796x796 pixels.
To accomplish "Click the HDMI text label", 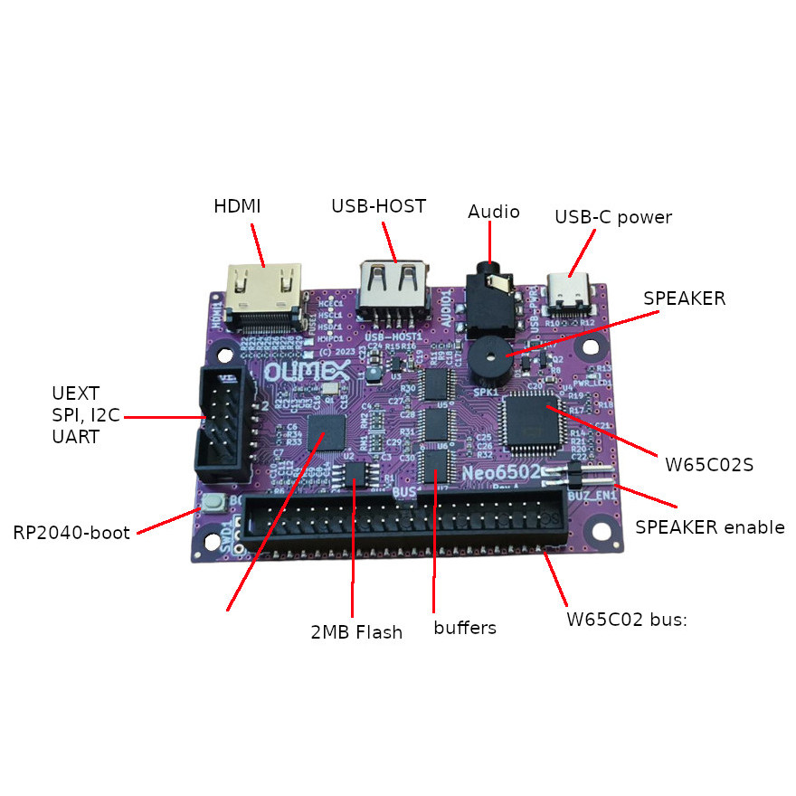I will (237, 206).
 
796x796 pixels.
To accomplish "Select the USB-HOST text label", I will (378, 206).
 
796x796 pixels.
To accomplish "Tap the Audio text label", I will (494, 212).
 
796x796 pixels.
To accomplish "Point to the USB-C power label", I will (613, 217).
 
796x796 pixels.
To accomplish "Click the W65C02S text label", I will (709, 465).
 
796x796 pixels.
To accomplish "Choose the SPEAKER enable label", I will (710, 527).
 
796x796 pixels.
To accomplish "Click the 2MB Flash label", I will (356, 632).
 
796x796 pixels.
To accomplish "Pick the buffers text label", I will (465, 628).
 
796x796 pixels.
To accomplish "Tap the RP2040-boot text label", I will (72, 532).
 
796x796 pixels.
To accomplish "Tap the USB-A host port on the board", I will (394, 286).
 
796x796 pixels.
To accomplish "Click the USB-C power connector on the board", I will (573, 291).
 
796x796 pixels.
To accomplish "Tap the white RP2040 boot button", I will (214, 504).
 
